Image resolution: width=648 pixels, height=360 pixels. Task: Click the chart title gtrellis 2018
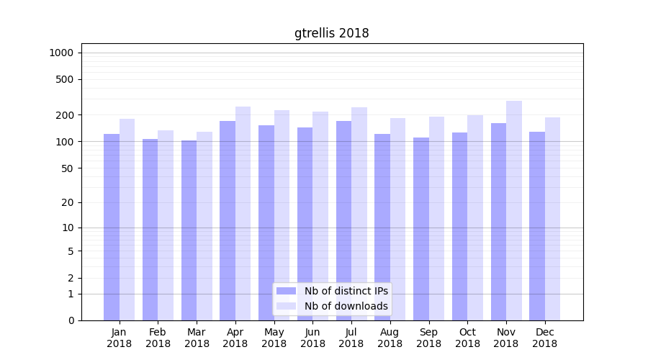(331, 33)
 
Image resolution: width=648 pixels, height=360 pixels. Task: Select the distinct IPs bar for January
(112, 227)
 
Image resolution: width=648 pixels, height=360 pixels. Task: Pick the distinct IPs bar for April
(228, 220)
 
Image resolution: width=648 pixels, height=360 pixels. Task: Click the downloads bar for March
(204, 226)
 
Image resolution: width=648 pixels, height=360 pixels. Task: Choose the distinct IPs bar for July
(343, 220)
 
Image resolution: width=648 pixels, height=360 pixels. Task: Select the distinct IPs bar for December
(537, 226)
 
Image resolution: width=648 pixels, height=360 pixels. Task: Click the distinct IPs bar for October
(459, 226)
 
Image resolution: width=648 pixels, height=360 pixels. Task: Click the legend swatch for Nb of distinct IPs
(286, 291)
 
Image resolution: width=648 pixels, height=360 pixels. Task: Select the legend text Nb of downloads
(346, 306)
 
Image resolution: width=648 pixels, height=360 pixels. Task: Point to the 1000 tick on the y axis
(61, 53)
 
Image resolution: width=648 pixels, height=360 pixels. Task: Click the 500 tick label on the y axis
(65, 79)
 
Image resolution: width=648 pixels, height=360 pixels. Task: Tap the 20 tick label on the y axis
(68, 202)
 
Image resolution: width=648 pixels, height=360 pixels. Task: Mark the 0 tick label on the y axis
(71, 320)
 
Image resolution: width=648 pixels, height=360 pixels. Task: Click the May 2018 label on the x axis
(274, 338)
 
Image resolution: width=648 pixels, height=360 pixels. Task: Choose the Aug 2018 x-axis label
(390, 338)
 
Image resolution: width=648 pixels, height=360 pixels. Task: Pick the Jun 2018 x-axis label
(312, 338)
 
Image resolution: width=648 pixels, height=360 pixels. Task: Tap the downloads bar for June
(320, 216)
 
